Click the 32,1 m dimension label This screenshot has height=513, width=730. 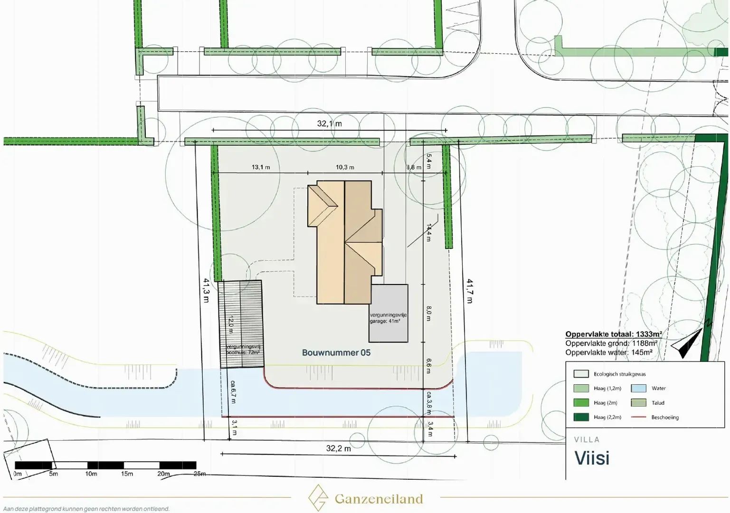pyautogui.click(x=329, y=123)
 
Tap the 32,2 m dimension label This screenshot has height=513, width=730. pyautogui.click(x=338, y=448)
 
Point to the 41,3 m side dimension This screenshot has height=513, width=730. pyautogui.click(x=206, y=290)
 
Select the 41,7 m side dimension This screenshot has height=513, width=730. pyautogui.click(x=470, y=291)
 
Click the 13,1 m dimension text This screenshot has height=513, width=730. pyautogui.click(x=261, y=167)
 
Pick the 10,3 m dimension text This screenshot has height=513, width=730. pyautogui.click(x=345, y=167)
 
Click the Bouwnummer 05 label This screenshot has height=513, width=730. pyautogui.click(x=336, y=352)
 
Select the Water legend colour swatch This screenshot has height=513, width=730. pyautogui.click(x=638, y=388)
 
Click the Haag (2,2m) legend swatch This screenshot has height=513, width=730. pyautogui.click(x=581, y=417)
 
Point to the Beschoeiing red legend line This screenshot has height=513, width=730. pyautogui.click(x=638, y=417)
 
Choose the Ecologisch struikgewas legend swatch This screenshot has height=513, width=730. pyautogui.click(x=581, y=374)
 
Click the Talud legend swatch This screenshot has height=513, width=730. pyautogui.click(x=638, y=403)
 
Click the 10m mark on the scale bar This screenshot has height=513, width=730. pyautogui.click(x=91, y=474)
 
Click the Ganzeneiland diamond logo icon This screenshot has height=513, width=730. pyautogui.click(x=317, y=498)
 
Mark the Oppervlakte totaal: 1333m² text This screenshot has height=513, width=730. pyautogui.click(x=613, y=334)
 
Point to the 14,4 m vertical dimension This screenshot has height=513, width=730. pyautogui.click(x=428, y=233)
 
